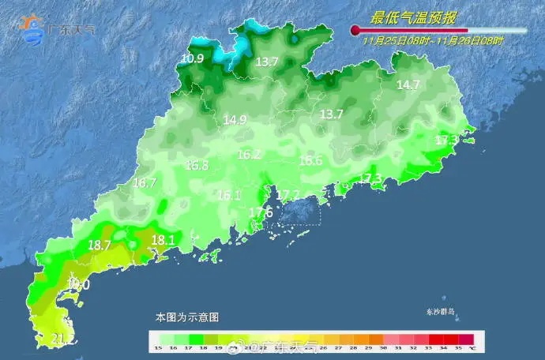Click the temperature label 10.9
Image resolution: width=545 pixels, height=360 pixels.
coord(192,58)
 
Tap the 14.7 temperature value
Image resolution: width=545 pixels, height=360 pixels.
coord(408,85)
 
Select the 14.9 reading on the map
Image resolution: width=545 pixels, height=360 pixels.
coord(235,120)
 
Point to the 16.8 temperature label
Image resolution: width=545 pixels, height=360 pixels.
coord(197,166)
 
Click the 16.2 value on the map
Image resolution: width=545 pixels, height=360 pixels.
coord(249,155)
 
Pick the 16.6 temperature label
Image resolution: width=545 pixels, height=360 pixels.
coord(310,161)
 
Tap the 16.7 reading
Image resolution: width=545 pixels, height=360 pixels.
coord(145,183)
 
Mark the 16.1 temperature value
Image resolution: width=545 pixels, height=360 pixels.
coord(228,195)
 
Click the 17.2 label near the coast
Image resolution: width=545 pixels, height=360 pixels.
coord(288,195)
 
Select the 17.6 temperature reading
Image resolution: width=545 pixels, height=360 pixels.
coord(261,212)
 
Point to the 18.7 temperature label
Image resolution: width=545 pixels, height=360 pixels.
coord(100,246)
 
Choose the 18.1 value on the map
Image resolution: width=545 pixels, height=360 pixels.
coord(163,240)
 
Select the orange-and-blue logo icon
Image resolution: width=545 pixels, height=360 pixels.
coord(34,28)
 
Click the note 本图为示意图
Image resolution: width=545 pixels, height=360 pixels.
coord(186,317)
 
